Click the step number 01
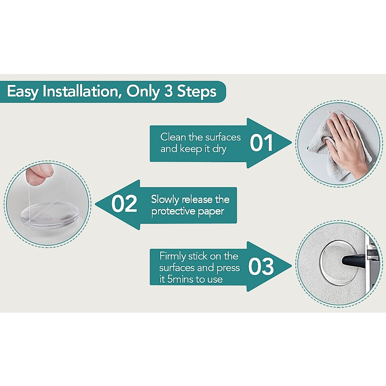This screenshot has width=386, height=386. tap(261, 143)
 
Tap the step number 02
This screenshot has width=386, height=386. tap(124, 204)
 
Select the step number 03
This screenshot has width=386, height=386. tap(261, 267)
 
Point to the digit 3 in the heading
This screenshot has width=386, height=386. tap(169, 91)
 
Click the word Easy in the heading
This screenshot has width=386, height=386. tap(23, 92)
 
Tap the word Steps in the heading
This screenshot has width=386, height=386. tap(197, 92)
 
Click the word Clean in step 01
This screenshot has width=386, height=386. tap(173, 137)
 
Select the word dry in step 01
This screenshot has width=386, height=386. tap(219, 149)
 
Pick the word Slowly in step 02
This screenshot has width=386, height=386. tap(165, 200)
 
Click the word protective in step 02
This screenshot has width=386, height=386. tap(173, 212)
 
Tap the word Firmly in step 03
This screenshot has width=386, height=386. tap(172, 256)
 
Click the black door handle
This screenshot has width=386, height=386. tap(354, 259)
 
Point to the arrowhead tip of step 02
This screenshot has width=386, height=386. tap(96, 205)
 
